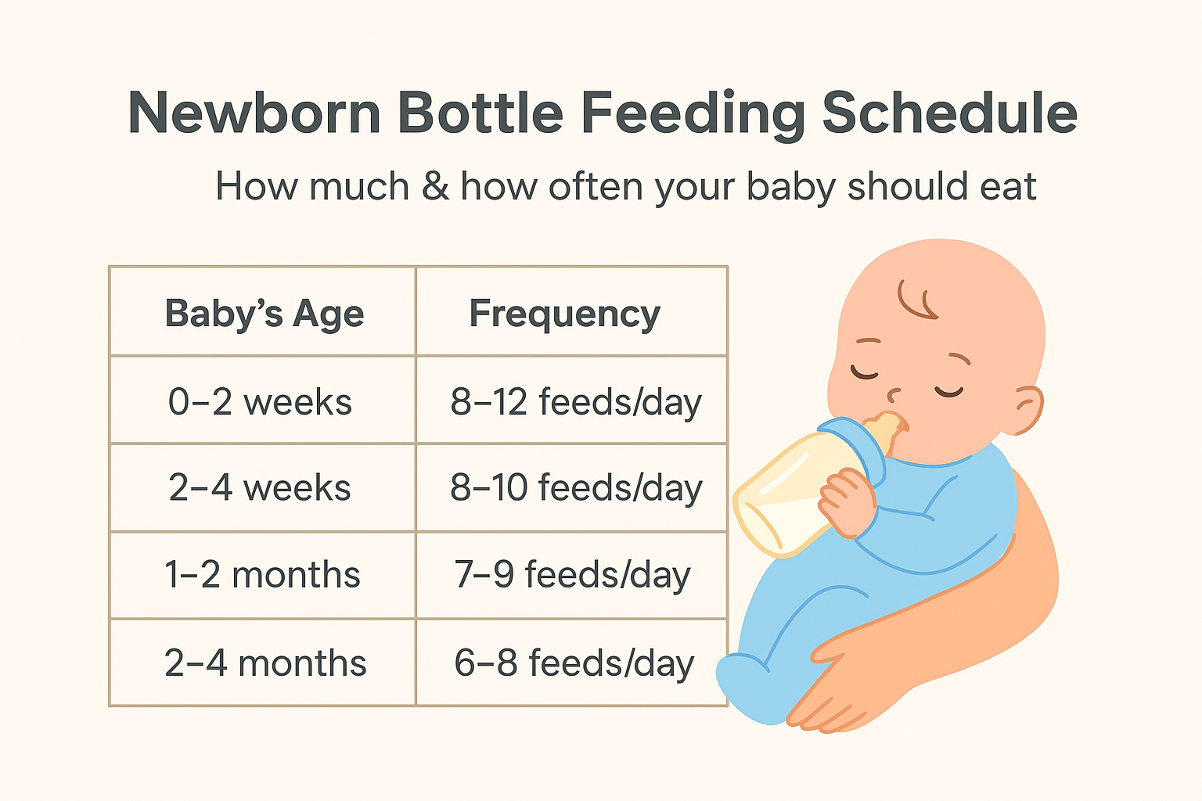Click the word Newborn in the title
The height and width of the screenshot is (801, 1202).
tap(254, 113)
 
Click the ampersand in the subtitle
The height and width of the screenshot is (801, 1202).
tap(435, 187)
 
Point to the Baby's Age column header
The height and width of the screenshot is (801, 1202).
tap(264, 314)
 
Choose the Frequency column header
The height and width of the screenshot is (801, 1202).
tap(564, 314)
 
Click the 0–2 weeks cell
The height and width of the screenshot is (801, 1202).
tap(260, 402)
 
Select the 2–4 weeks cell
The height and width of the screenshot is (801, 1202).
tap(260, 488)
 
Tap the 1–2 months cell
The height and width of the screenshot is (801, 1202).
tap(262, 575)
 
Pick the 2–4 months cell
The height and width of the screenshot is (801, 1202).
tap(265, 663)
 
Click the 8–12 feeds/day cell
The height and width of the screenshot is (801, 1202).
tap(575, 402)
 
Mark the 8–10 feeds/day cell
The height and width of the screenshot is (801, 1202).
tap(575, 488)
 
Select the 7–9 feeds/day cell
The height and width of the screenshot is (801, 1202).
tap(572, 575)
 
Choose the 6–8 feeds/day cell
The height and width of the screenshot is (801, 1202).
tap(574, 663)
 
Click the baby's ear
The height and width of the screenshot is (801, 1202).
tap(1027, 409)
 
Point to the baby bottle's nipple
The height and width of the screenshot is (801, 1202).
tap(889, 430)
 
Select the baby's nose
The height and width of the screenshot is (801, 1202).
tap(895, 391)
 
